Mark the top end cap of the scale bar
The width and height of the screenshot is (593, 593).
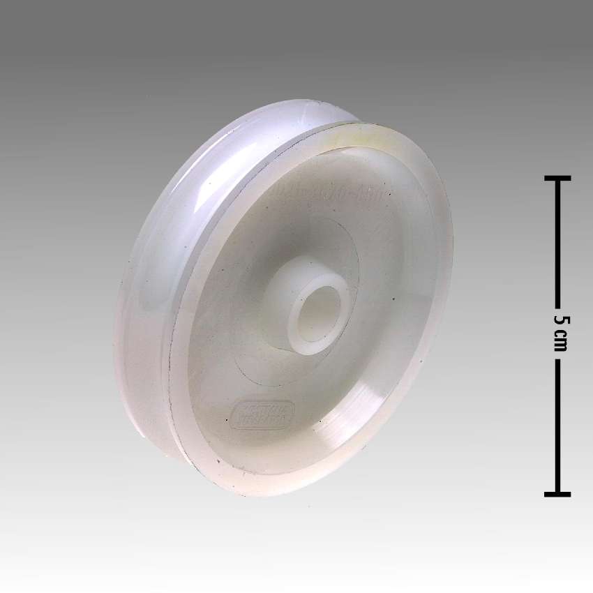[x=557, y=179]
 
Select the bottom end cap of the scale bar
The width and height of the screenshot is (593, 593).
[x=557, y=494]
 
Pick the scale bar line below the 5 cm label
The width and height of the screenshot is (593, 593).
[x=557, y=426]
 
